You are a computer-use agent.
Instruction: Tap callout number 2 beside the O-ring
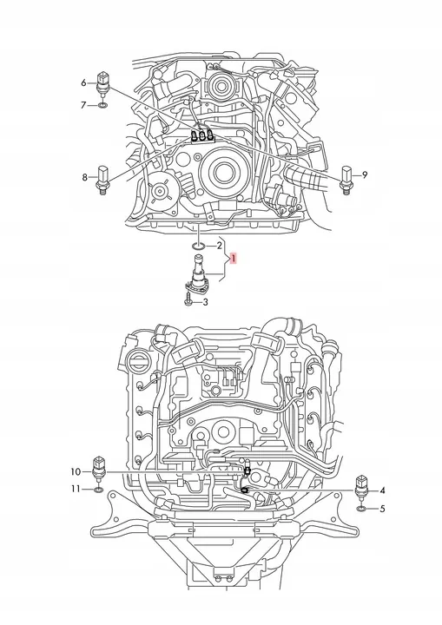pos(219,246)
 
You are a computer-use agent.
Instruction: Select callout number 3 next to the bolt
pos(205,303)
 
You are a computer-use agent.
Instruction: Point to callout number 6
pos(83,83)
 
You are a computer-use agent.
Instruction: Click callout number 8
pos(84,177)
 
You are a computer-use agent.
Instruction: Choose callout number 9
pos(365,174)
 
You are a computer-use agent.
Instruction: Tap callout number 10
pos(76,472)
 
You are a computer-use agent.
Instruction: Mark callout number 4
pos(382,490)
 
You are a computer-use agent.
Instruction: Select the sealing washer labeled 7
pos(102,106)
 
